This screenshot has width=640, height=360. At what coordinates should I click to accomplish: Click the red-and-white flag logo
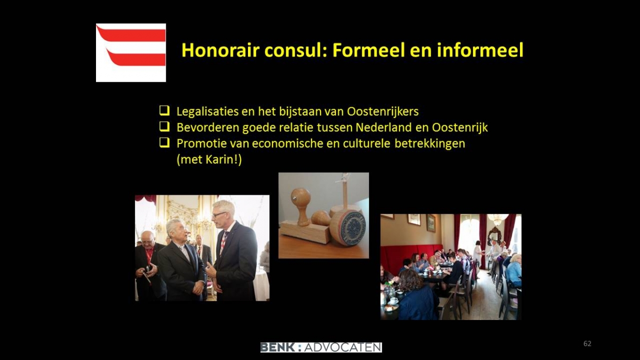[131, 53]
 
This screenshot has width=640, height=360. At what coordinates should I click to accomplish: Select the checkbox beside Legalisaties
[164, 110]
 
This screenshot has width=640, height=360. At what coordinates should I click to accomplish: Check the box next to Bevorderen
[164, 126]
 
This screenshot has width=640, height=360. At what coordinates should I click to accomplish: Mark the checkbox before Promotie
[164, 142]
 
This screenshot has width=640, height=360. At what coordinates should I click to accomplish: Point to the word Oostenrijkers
[383, 111]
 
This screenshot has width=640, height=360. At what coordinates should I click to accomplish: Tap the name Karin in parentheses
[219, 159]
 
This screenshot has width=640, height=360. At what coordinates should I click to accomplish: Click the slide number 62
[587, 343]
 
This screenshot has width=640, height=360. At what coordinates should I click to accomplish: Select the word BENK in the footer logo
[277, 347]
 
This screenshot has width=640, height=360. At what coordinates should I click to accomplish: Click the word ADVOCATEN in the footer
[343, 347]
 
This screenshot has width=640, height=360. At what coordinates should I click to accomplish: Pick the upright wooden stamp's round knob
[300, 197]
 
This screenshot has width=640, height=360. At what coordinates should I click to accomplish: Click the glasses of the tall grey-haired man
[219, 214]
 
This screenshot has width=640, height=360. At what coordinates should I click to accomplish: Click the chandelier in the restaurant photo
[498, 219]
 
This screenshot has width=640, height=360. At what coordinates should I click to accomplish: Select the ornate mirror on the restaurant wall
[494, 235]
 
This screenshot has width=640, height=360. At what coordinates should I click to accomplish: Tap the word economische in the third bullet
[287, 143]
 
